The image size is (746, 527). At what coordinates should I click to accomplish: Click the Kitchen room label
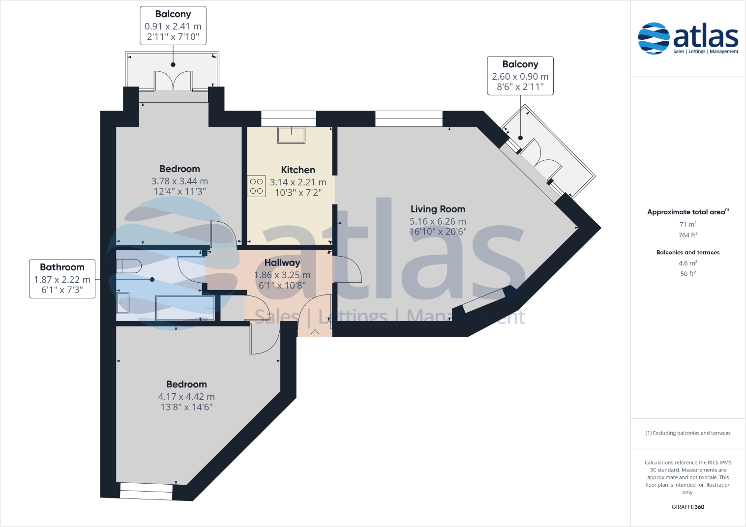point(298,170)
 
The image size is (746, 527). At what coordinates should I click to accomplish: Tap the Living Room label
point(438,209)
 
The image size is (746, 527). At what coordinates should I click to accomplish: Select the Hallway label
point(282,263)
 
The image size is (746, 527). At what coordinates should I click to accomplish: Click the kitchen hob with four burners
point(256,186)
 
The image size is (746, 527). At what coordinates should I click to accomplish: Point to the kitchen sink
point(291,135)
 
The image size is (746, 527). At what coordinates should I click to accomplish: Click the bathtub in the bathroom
point(185,308)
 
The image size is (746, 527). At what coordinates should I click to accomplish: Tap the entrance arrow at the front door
point(315,333)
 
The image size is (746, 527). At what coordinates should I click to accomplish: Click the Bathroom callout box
point(62,279)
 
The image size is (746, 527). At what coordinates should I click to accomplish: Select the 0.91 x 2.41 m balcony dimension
point(173,27)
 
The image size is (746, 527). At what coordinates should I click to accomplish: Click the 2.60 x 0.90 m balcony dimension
point(520,77)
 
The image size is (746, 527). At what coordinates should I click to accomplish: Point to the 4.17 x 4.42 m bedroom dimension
point(186,397)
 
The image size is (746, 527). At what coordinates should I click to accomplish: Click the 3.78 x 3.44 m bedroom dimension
point(179,181)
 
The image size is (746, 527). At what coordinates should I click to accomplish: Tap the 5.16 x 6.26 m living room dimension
point(438,222)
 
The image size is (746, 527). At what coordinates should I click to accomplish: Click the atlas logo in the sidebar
point(688,38)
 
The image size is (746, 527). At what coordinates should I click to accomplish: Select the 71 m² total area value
point(688,225)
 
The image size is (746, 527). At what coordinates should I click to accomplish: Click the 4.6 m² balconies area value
point(688,263)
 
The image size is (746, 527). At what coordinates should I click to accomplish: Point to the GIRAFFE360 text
point(688,507)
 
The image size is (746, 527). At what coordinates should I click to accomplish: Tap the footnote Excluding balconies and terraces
point(688,433)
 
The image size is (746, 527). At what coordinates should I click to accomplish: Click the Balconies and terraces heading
point(688,253)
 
